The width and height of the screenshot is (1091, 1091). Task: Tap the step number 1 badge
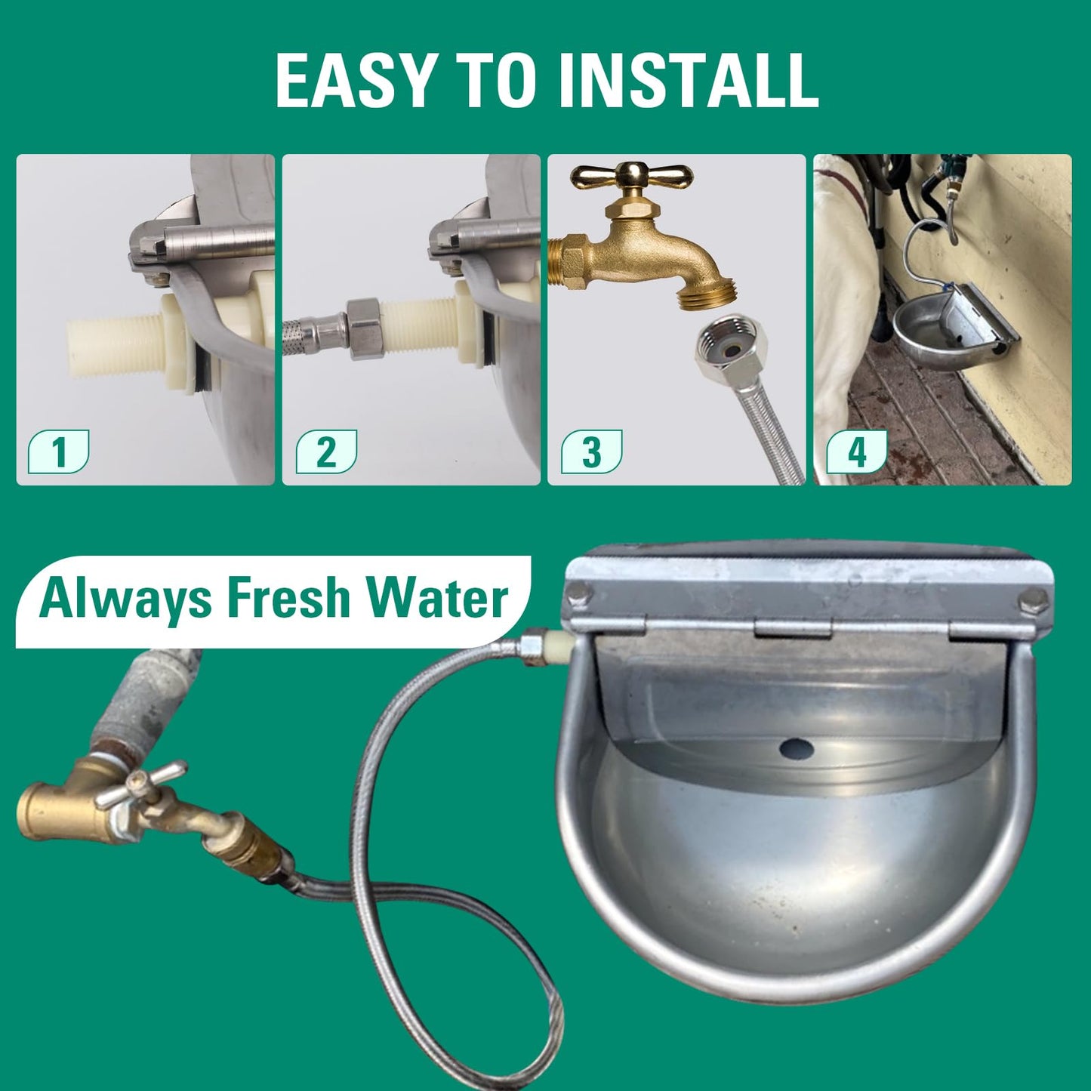58,452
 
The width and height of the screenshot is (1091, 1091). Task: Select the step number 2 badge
326,452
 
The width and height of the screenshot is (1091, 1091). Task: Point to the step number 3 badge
592,452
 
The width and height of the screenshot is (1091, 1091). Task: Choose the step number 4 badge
857,452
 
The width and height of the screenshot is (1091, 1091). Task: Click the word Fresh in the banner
289,599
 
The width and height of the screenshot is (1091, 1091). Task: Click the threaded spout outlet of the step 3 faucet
700,288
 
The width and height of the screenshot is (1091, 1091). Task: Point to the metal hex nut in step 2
363,328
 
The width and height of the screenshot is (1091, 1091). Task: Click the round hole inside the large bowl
797,750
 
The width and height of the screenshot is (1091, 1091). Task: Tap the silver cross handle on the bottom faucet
140,784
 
